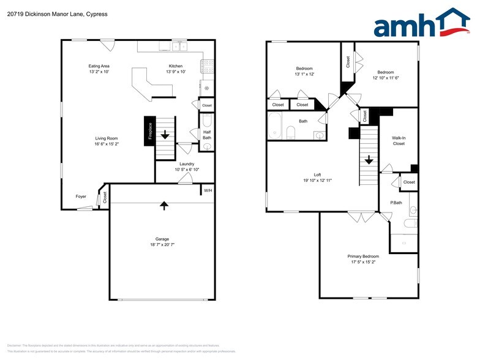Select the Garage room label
pos(162,239)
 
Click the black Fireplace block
pos(149,131)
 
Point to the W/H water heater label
pos(208,190)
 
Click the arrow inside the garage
pos(163,205)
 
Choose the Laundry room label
pos(187,163)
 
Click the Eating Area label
pos(99,66)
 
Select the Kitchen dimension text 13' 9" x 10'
pos(176,72)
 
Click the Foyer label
pos(81,197)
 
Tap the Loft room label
pos(317,174)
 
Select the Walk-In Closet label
pos(399,141)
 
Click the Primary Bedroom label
pos(363,256)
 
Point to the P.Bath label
pos(396,202)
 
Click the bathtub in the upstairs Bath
pos(276,127)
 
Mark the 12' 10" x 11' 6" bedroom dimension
pos(386,78)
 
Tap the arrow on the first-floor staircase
pos(164,133)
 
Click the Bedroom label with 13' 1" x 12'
pos(304,68)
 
